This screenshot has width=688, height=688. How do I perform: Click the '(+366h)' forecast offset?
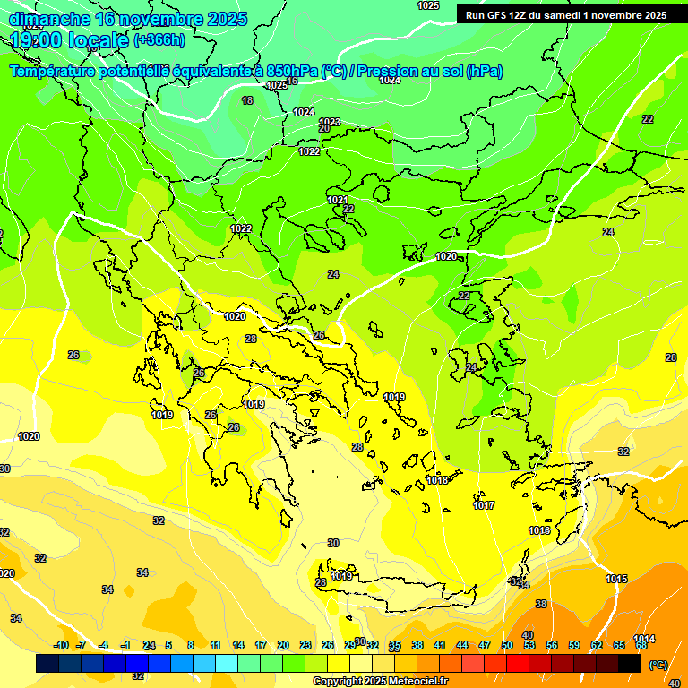click(159, 40)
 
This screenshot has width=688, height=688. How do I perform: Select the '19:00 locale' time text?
click(69, 39)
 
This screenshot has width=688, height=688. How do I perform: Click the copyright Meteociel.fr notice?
click(380, 682)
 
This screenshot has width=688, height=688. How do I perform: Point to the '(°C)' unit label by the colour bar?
click(658, 665)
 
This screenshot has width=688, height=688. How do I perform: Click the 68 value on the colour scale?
click(641, 645)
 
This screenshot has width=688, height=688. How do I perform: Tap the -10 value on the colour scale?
click(61, 645)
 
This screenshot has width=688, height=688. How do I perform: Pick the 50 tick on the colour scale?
click(507, 645)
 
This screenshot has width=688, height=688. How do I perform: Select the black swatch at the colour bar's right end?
click(630, 663)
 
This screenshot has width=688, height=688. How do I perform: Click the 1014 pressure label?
click(644, 639)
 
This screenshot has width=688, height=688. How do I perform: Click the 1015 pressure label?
click(616, 580)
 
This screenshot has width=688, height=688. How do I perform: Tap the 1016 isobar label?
click(539, 531)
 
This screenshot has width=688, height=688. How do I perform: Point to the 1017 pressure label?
click(484, 506)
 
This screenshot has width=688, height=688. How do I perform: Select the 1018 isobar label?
click(437, 481)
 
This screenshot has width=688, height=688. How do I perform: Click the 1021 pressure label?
click(338, 200)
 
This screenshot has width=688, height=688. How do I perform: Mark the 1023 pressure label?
click(330, 122)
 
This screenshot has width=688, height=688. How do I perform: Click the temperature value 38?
click(541, 605)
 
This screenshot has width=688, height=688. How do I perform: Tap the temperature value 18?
click(247, 101)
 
